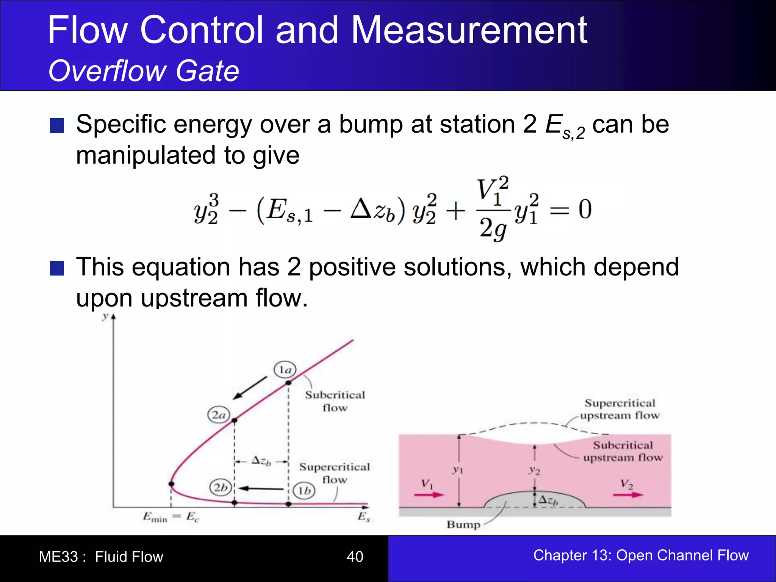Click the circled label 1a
tap(285, 369)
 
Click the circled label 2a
tap(219, 415)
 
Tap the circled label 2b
tap(221, 487)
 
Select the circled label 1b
tap(304, 491)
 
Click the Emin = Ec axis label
tap(171, 517)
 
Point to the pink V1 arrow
tap(429, 494)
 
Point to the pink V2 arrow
tap(628, 494)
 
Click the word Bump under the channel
tap(463, 525)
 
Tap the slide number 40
tap(355, 557)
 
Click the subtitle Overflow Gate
tap(144, 71)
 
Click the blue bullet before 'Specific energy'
tap(57, 126)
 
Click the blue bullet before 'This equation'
tap(57, 268)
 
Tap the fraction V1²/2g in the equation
tap(493, 210)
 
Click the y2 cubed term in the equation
tap(206, 210)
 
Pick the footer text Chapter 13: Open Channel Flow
tap(641, 555)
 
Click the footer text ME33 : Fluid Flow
tap(101, 557)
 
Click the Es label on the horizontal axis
tap(363, 517)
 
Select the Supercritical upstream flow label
tap(620, 409)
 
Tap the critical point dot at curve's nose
tap(171, 484)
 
